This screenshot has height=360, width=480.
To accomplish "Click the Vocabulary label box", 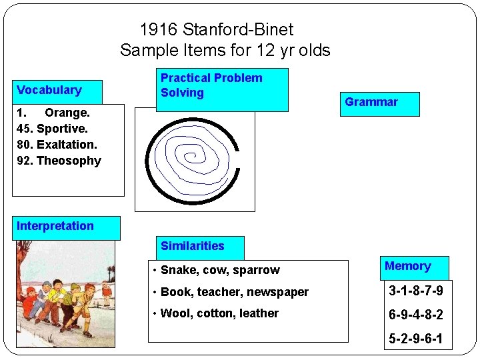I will [57, 91].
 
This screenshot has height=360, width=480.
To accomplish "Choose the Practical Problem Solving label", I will [222, 89].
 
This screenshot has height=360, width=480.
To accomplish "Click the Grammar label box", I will [379, 103].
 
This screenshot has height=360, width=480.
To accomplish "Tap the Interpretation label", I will [67, 227].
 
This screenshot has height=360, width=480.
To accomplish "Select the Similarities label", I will [200, 247].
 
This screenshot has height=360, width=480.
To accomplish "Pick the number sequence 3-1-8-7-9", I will [416, 291].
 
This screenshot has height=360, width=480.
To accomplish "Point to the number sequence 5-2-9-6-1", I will [416, 339].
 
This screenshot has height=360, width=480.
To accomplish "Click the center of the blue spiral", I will [191, 157].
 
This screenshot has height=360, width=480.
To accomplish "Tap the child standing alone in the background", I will [106, 291].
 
